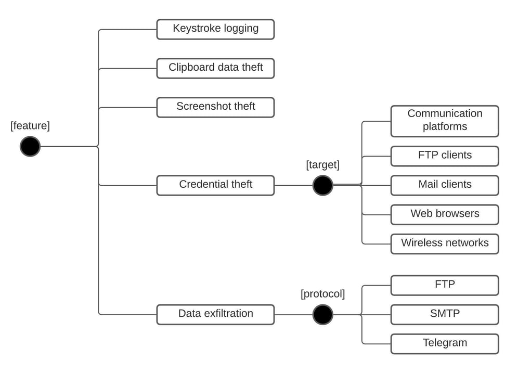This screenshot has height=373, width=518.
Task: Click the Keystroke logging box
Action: point(215,29)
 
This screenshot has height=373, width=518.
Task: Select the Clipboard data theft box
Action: point(215,68)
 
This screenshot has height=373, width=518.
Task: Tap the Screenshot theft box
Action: point(215,107)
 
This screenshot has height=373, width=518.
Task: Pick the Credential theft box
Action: point(215,185)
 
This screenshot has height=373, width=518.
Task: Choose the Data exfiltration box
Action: point(215,314)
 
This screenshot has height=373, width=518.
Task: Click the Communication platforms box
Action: point(445,121)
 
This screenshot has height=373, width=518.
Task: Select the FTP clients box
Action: point(445,156)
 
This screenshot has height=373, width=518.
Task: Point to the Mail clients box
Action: point(445,185)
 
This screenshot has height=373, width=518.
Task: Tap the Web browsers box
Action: point(445,214)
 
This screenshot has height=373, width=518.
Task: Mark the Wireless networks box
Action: point(445,243)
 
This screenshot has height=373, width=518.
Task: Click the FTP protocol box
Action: point(445,285)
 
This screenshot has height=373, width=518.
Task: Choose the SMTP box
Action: point(445,314)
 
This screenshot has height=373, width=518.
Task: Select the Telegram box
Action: point(445,343)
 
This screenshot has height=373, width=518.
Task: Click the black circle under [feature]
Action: point(30,146)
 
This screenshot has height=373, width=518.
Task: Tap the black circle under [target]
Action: point(322,185)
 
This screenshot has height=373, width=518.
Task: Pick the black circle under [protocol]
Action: point(322,314)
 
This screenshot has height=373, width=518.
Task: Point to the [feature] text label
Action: point(30,125)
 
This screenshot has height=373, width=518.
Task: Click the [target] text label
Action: point(322,165)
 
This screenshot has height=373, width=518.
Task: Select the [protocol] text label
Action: point(322,294)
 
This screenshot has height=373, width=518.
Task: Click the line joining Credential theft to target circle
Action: point(293,185)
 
